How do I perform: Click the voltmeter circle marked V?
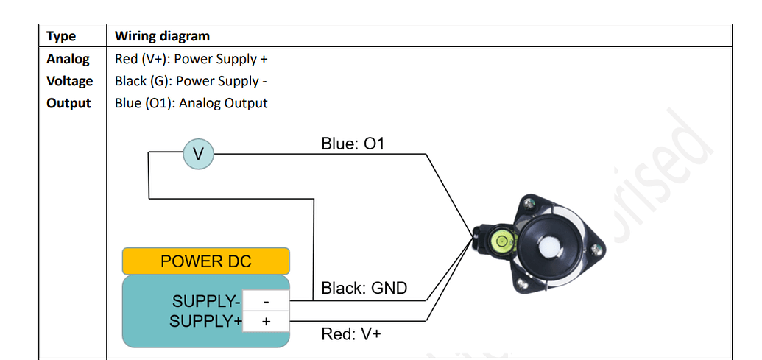[x=198, y=154]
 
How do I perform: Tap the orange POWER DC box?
[x=205, y=261]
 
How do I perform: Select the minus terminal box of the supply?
[x=266, y=301]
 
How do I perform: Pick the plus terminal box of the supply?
[x=266, y=322]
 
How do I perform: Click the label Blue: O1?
[x=353, y=144]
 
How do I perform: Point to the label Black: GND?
[x=364, y=289]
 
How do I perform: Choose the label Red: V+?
[x=351, y=335]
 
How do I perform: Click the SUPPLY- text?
[x=206, y=302]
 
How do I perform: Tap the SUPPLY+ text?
[x=206, y=322]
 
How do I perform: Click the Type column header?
[x=61, y=36]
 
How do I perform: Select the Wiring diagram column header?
[x=162, y=36]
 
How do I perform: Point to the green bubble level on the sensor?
[x=501, y=239]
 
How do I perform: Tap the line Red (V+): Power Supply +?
[x=191, y=59]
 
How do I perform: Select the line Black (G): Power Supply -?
[x=191, y=81]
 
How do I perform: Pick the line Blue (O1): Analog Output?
[x=191, y=103]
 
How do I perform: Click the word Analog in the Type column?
[x=68, y=59]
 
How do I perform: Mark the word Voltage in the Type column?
[x=69, y=81]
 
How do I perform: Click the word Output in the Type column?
[x=68, y=103]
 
